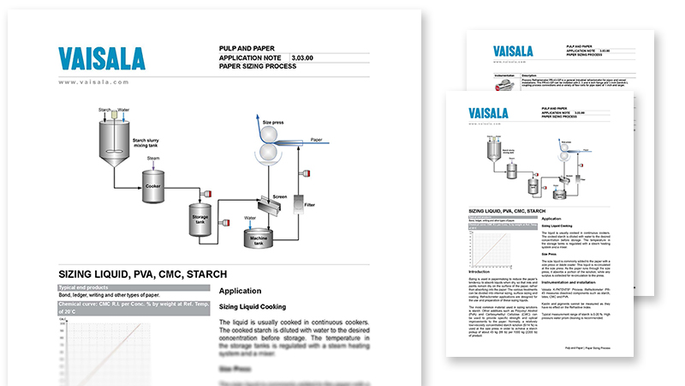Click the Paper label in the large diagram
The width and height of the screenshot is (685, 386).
point(315,137)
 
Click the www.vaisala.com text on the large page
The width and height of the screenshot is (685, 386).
point(94,81)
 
